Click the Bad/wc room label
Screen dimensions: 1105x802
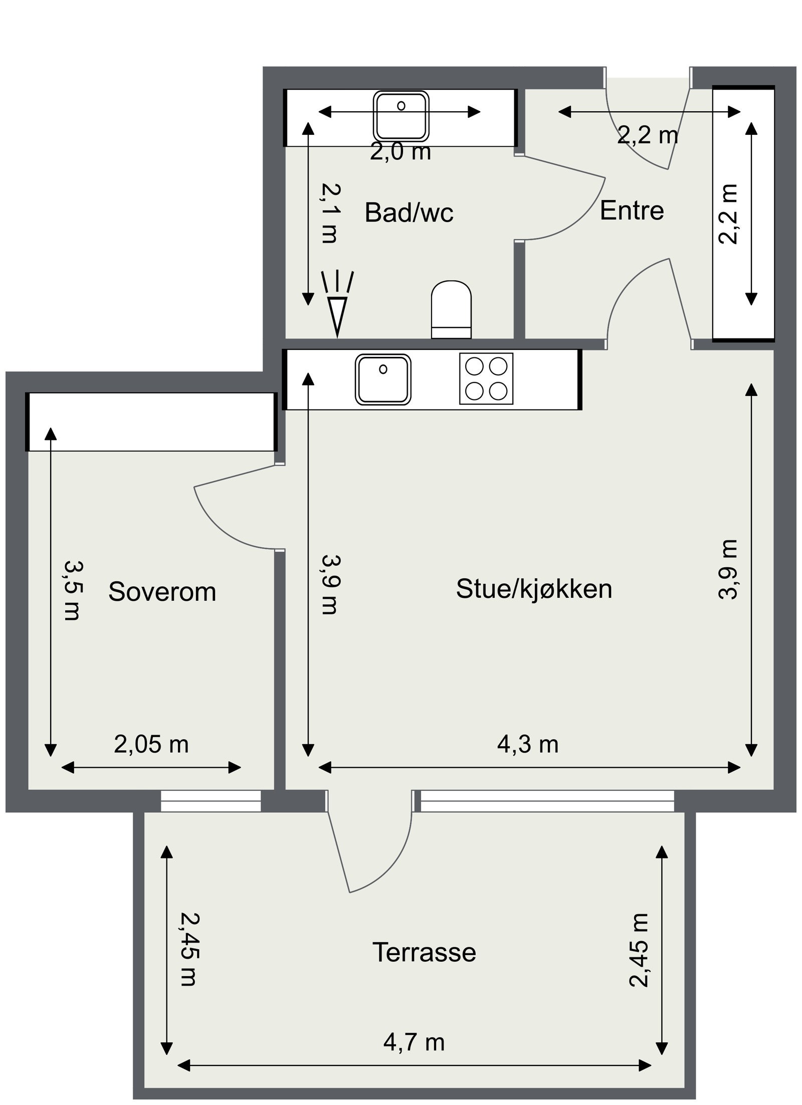pos(409,212)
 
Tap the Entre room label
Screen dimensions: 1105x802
pos(631,210)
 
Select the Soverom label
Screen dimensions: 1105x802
pos(162,592)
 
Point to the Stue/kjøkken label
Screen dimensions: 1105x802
pos(533,589)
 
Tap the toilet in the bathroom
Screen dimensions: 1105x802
pos(451,309)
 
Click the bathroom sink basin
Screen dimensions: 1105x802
pos(401,116)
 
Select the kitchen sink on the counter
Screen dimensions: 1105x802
pos(383,379)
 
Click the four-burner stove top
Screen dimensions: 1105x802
pos(486,379)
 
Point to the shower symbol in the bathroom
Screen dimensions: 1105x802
pos(337,306)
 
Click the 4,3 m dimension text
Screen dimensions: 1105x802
pos(527,745)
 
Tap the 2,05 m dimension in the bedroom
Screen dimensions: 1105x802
pos(151,745)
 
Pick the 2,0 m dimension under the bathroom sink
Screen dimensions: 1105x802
pos(400,152)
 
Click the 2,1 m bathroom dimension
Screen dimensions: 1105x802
pos(330,212)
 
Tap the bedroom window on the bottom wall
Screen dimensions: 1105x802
pos(211,801)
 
